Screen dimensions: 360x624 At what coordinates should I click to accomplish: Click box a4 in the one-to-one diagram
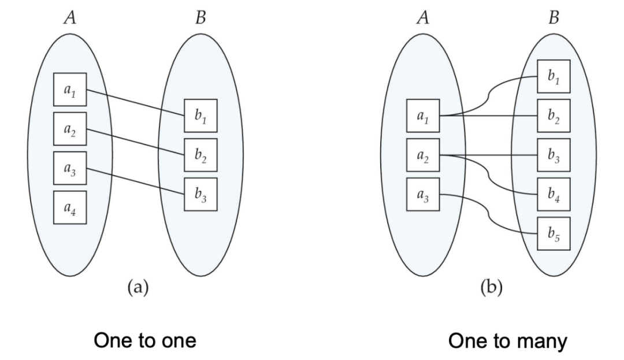tap(70, 207)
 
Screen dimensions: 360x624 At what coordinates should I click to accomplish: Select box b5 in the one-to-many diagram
tap(554, 233)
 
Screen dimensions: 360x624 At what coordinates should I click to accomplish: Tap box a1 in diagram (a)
tap(70, 90)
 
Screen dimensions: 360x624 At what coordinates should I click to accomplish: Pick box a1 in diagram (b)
tap(423, 116)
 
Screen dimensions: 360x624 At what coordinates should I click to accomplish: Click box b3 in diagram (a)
tap(201, 194)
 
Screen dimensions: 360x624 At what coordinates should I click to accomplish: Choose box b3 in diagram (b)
tap(554, 155)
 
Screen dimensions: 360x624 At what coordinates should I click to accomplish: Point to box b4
tap(554, 194)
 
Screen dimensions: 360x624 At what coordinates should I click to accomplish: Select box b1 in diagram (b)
tap(554, 76)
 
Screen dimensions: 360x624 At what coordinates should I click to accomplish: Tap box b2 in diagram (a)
tap(201, 155)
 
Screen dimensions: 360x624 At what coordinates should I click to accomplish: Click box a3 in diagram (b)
tap(423, 194)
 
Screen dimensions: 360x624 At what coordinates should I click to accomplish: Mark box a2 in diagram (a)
tap(70, 129)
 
